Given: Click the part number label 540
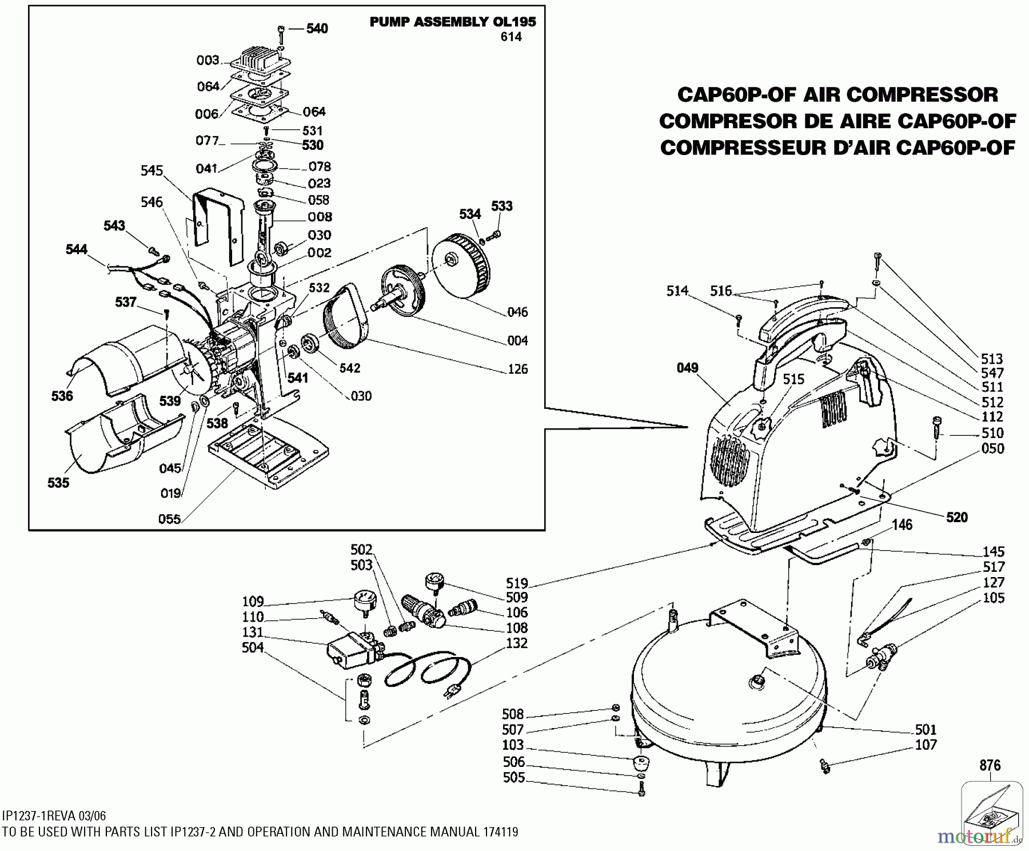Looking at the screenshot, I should click(317, 29).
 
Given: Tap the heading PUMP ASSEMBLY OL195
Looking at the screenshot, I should click(453, 22).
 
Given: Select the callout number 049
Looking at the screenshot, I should click(687, 368).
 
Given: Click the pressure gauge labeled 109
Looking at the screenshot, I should click(364, 604).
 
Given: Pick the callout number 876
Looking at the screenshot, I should click(990, 765).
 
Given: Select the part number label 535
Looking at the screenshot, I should click(58, 483).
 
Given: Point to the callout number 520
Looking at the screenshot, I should click(957, 517).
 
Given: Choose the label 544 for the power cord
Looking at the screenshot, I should click(77, 249).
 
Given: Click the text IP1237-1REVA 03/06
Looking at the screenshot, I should click(54, 816).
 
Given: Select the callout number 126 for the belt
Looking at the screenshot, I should click(517, 369).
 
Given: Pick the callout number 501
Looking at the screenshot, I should click(926, 729).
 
